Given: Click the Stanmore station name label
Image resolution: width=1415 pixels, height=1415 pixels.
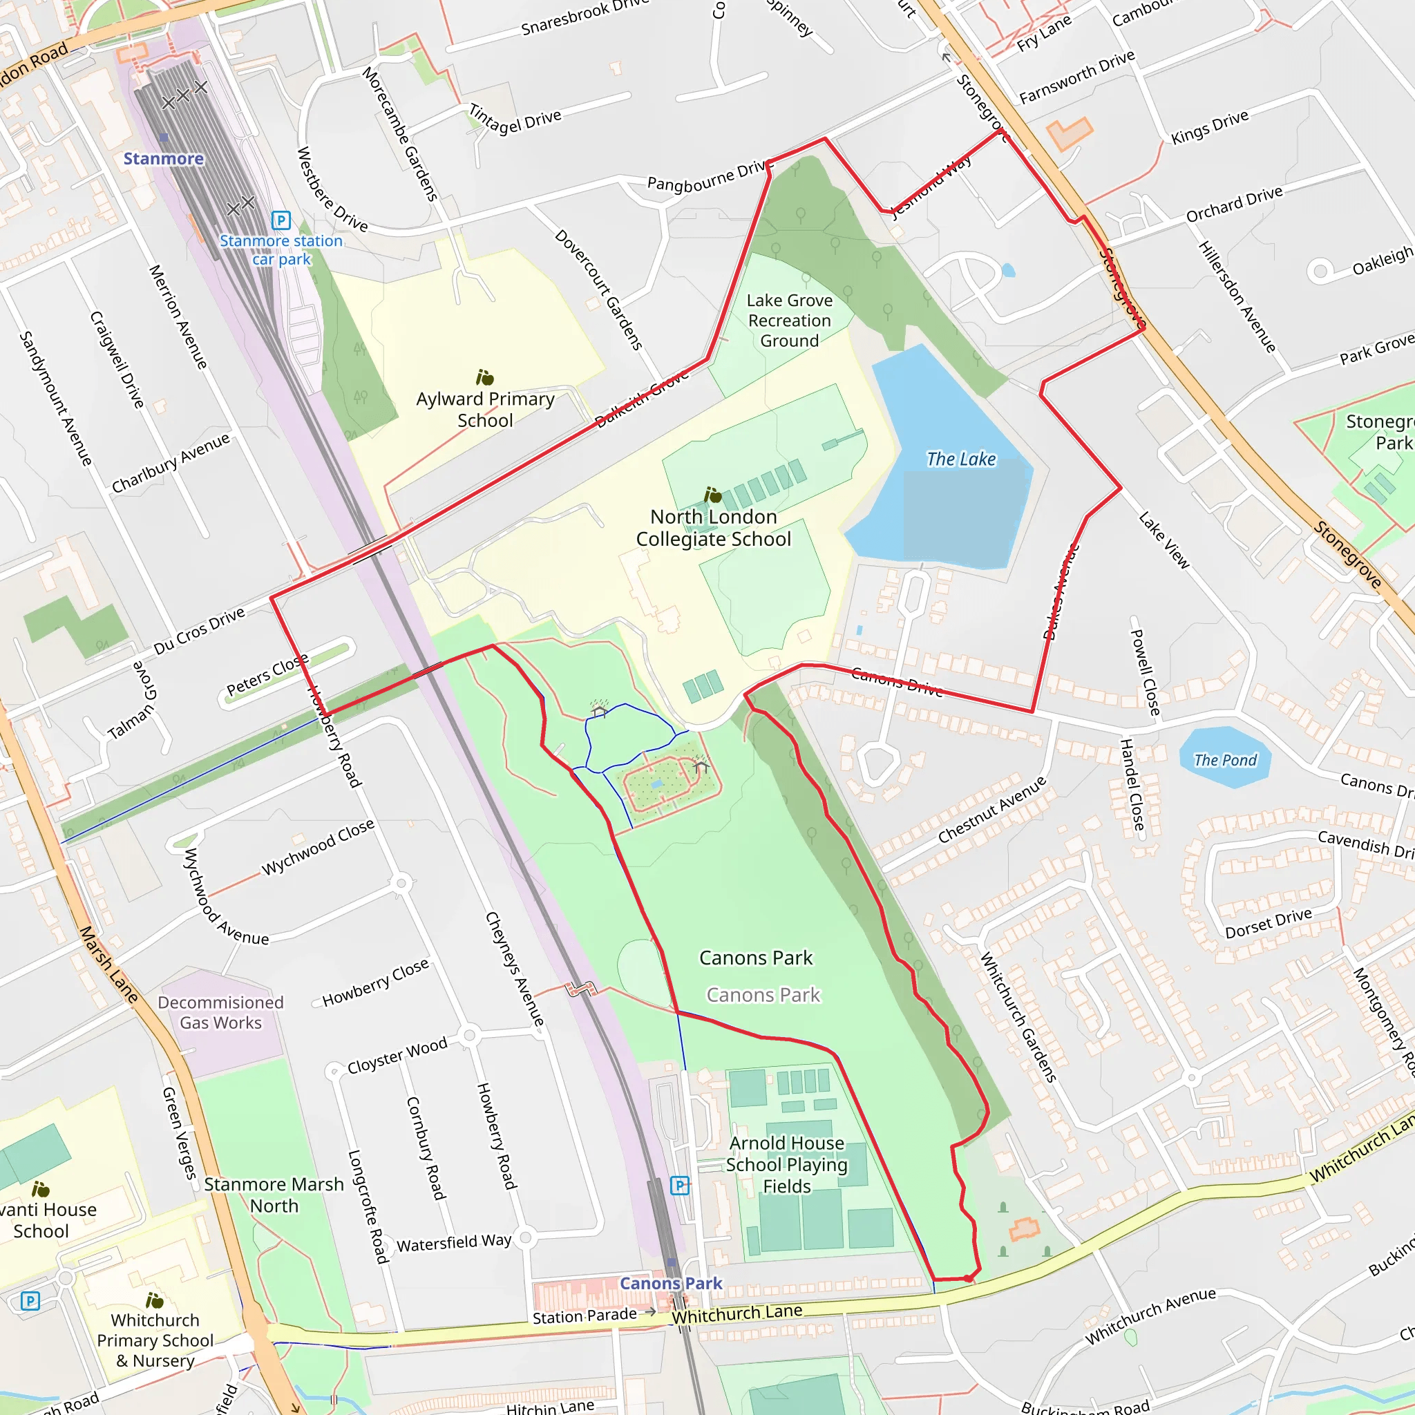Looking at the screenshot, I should tap(163, 159).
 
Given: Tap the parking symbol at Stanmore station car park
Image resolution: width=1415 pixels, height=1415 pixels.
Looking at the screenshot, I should tap(281, 220).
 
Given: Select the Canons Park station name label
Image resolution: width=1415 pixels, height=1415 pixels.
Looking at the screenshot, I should tap(671, 1283).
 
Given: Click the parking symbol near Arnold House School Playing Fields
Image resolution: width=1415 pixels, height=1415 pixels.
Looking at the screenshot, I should tap(680, 1185).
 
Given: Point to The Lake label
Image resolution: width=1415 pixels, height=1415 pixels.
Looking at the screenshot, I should tap(961, 459).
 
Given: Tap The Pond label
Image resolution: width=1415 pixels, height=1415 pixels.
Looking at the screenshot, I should tap(1225, 760).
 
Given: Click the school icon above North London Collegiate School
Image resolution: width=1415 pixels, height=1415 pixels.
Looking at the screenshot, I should tap(712, 495).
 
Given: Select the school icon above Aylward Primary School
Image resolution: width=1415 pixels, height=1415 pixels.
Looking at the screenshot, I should tap(485, 377).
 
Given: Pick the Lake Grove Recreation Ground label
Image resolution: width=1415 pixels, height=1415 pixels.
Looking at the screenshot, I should tap(790, 321).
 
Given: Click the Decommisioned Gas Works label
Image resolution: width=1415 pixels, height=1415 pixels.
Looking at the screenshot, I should tap(220, 1012).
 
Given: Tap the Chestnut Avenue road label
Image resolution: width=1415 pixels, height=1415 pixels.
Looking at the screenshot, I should tap(991, 810).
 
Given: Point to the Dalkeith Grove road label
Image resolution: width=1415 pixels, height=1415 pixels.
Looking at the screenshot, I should tap(643, 399).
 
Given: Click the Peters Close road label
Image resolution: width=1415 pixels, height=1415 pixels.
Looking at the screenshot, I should tap(267, 675).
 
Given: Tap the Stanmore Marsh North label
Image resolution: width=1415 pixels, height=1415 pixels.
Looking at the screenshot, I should tap(274, 1195).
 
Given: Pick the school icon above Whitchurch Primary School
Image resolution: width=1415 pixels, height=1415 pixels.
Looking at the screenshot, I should tap(155, 1300).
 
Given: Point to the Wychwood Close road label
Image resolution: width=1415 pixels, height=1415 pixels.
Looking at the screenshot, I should tap(318, 847).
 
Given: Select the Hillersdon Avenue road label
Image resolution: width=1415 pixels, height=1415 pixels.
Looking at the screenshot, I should tap(1237, 296).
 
